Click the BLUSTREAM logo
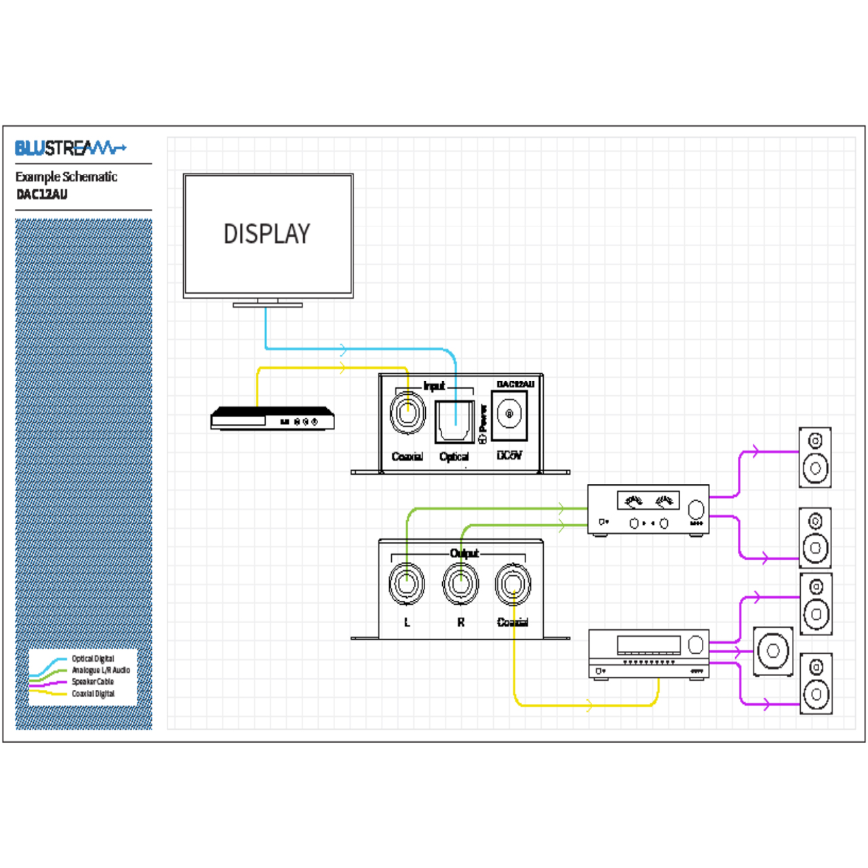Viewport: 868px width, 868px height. click(70, 147)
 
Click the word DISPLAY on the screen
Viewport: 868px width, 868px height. click(267, 235)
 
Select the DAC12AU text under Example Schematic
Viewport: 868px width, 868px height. click(42, 195)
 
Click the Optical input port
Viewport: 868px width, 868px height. click(454, 422)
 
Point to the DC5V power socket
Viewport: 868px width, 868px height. click(509, 414)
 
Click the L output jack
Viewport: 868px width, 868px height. click(406, 583)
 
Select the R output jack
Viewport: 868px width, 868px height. click(460, 583)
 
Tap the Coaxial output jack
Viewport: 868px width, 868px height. click(513, 583)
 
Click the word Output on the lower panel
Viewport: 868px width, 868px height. click(465, 553)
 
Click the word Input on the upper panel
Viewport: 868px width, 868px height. click(434, 386)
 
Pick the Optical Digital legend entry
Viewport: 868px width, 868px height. click(93, 658)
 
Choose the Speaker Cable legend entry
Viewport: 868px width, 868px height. click(93, 682)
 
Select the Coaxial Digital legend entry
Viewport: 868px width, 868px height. click(93, 694)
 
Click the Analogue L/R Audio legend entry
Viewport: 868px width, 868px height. click(100, 670)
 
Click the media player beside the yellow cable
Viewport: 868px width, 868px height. click(273, 418)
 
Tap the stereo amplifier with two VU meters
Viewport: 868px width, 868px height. click(648, 510)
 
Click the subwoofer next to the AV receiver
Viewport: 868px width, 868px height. click(773, 651)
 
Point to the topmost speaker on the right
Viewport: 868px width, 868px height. click(815, 457)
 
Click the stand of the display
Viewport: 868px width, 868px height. click(268, 302)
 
